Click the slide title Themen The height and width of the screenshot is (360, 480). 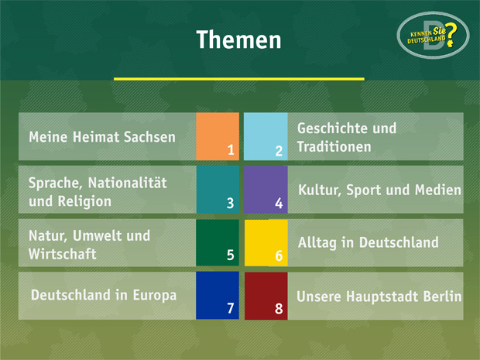point(238,39)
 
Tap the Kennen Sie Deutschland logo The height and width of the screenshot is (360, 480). point(433,35)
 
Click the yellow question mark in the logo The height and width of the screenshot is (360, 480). point(451,35)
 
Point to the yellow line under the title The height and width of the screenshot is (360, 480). point(238,79)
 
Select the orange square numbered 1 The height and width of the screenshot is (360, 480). point(218,136)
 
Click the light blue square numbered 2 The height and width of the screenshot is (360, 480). point(266,136)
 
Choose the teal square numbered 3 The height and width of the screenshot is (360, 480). point(218,190)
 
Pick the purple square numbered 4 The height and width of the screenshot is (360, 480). point(266,190)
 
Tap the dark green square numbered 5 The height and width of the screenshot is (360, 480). point(218,242)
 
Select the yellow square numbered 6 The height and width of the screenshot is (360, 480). point(266,242)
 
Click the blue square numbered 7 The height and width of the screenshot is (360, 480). point(218,296)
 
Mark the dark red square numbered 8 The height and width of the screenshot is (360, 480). point(266,296)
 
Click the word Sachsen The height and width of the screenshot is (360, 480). point(149,137)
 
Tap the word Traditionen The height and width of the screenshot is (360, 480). point(334,146)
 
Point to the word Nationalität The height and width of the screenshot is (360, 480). point(127,183)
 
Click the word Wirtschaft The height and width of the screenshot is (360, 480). point(63,254)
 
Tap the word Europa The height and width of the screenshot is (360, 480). point(155,296)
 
